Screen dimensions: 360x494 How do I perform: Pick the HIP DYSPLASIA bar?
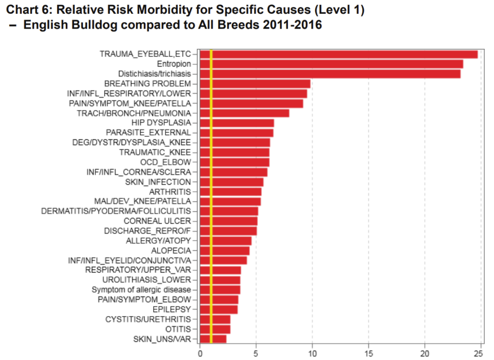237,123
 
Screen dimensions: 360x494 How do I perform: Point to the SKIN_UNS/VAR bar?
213,339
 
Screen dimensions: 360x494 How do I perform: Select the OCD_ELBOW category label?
169,162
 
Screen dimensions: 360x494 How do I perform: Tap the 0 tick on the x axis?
200,354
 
